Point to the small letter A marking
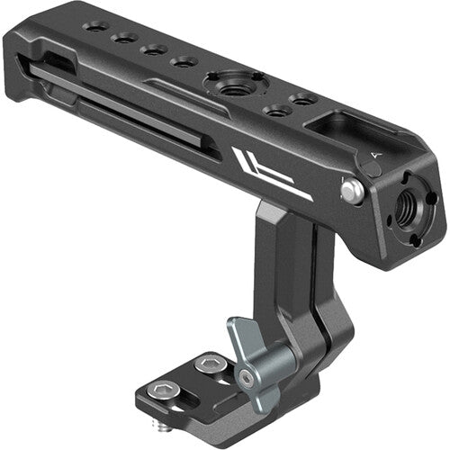pyautogui.click(x=375, y=156)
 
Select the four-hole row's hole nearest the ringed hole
pyautogui.click(x=184, y=62)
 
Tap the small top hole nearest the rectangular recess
pyautogui.click(x=304, y=98)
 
